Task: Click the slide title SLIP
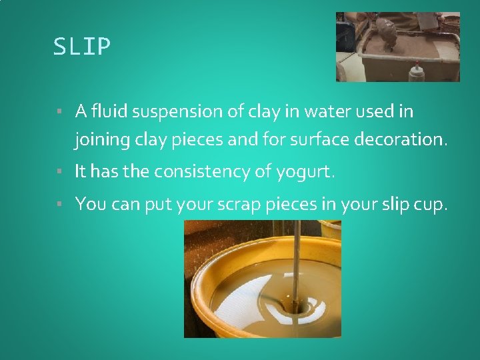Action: pyautogui.click(x=82, y=47)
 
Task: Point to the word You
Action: pyautogui.click(x=91, y=203)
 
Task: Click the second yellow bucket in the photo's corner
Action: pyautogui.click(x=331, y=229)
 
